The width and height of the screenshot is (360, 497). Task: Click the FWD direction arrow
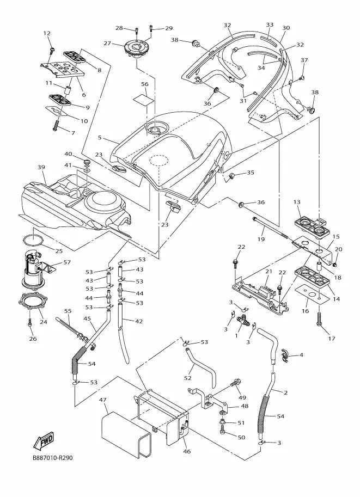tap(44, 440)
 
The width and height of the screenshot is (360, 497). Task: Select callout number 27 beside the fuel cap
tap(107, 43)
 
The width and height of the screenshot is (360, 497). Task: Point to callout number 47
tap(102, 400)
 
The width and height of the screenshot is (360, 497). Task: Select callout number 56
tap(145, 84)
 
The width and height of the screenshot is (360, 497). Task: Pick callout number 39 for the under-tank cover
tap(41, 167)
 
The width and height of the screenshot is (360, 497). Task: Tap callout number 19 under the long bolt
tap(261, 239)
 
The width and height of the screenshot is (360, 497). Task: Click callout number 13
tap(297, 202)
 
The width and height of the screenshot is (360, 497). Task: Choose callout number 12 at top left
tap(47, 33)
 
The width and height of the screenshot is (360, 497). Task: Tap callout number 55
tap(68, 311)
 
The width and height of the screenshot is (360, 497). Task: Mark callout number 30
tap(286, 28)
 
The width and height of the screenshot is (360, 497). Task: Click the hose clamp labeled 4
tap(286, 355)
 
